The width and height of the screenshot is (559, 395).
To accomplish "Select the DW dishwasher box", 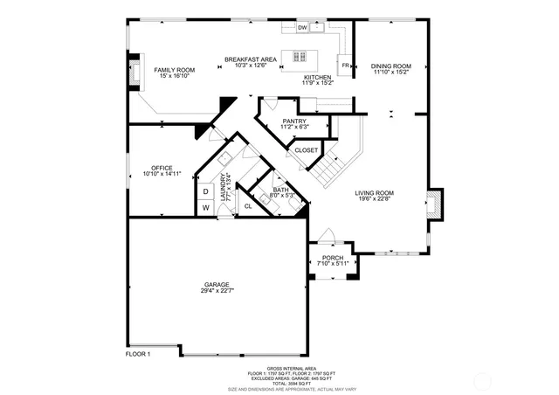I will (x=302, y=29).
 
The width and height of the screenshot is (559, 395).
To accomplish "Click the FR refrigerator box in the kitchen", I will (x=346, y=66).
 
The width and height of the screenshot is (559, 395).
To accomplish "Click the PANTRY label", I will (x=294, y=123).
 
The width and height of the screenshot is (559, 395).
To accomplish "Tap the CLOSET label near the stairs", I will (x=307, y=150).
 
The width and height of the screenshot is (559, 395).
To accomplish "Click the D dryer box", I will (x=206, y=191).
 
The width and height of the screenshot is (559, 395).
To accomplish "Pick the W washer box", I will (x=206, y=208).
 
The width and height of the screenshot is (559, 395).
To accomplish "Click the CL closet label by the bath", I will (x=247, y=206).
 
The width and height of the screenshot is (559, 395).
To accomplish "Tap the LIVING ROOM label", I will (x=376, y=196).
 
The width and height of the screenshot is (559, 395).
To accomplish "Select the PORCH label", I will (x=333, y=260).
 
